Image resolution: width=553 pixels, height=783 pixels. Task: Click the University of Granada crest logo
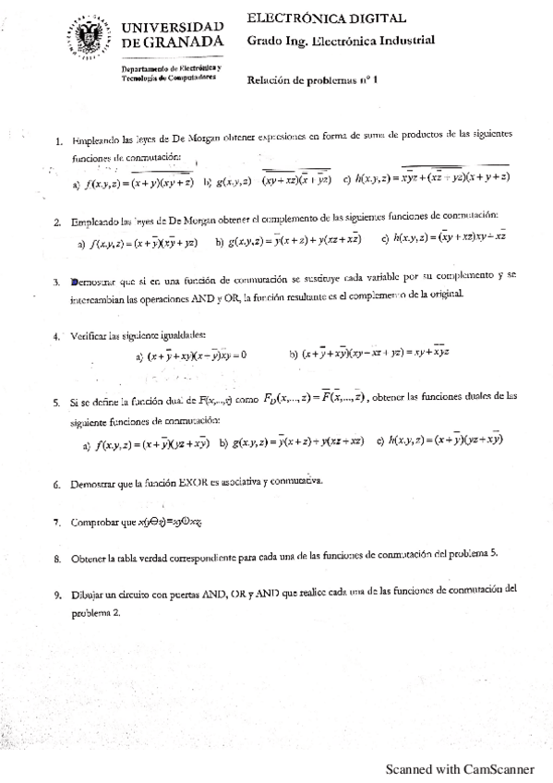coord(92,36)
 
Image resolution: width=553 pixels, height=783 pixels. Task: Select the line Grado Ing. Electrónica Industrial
coord(341,41)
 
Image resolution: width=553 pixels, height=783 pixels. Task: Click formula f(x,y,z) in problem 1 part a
coord(138,183)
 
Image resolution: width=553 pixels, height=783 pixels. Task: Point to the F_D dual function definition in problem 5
coord(314,396)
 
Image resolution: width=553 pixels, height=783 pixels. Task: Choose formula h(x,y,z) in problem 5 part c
coord(445,440)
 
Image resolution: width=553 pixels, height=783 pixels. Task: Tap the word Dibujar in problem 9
coord(87,588)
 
